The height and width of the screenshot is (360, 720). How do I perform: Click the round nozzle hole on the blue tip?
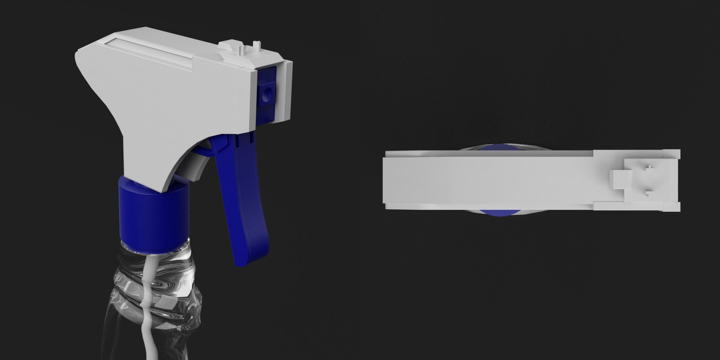267,92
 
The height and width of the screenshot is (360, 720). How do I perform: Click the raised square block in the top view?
617,180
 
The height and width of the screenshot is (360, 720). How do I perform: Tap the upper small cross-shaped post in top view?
648,168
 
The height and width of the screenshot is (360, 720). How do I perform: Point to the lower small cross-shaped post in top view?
648,193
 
